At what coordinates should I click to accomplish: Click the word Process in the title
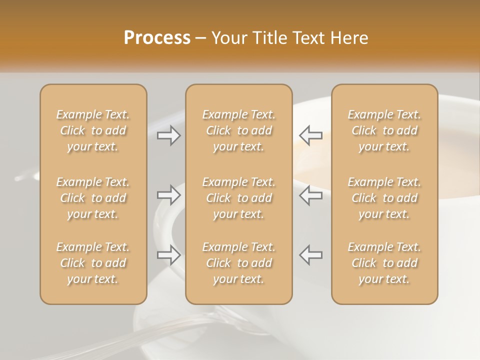(157, 38)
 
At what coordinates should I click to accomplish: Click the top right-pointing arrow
(169, 135)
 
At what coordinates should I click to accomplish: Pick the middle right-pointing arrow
(169, 195)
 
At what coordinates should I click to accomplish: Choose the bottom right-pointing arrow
(169, 255)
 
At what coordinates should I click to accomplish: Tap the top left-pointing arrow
(310, 135)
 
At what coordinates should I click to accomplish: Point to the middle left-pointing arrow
(310, 195)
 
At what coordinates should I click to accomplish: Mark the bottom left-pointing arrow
(310, 255)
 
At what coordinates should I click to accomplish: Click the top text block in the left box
(93, 130)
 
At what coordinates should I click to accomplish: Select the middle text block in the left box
(93, 198)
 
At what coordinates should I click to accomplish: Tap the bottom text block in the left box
(93, 263)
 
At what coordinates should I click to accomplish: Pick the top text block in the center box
(239, 130)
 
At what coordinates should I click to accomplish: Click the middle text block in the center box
(239, 198)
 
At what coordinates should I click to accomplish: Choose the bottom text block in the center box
(239, 263)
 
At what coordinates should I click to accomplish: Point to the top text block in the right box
(384, 130)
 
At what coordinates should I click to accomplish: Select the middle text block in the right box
(384, 198)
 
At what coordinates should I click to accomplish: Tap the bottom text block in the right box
(384, 263)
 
